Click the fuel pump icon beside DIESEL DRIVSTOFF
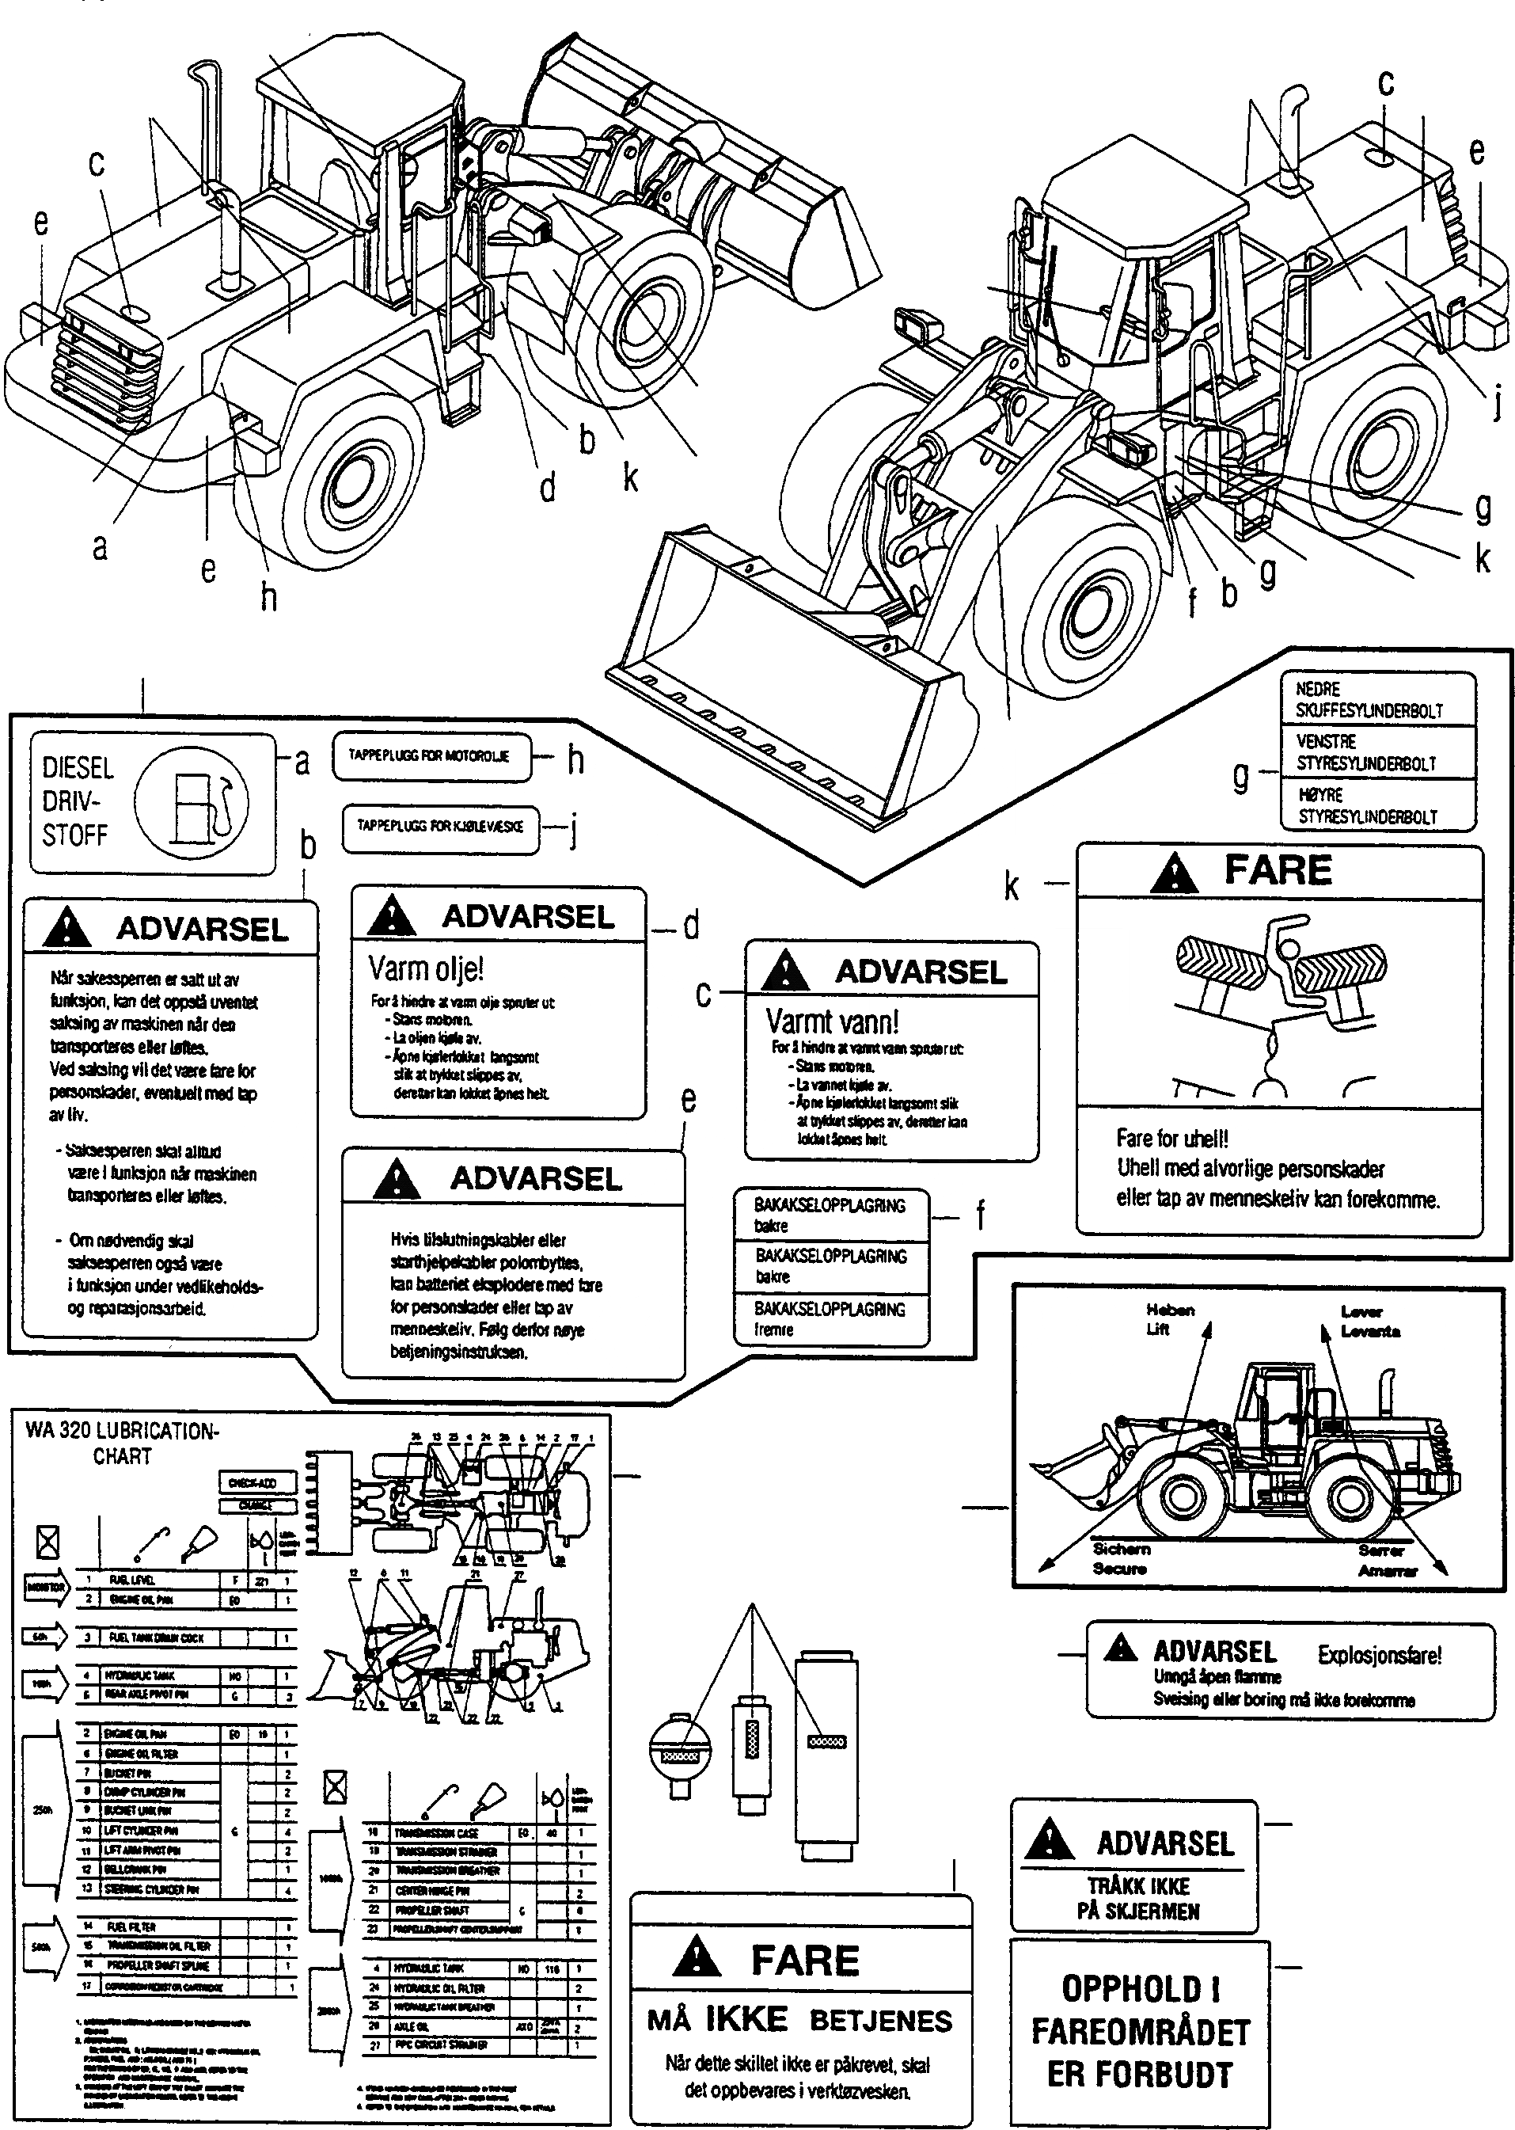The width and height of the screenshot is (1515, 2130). (x=192, y=802)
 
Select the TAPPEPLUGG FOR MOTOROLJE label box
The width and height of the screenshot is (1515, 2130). (x=430, y=757)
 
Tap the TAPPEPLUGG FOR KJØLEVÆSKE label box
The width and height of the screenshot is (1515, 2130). (x=440, y=827)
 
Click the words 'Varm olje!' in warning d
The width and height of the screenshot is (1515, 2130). (x=427, y=969)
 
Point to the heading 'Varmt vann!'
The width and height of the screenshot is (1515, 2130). (x=832, y=1021)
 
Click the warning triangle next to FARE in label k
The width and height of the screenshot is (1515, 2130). (x=1174, y=873)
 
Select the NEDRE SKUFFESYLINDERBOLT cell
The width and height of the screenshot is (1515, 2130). (x=1377, y=699)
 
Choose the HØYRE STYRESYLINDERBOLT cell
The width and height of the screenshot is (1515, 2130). (x=1377, y=805)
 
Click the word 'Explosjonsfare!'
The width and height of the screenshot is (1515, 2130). (x=1379, y=1655)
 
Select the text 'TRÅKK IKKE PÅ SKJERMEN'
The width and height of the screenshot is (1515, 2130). (x=1138, y=1898)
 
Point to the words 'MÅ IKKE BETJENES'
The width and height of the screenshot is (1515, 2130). (x=800, y=2021)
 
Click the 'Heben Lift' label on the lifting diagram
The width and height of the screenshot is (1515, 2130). (x=1169, y=1319)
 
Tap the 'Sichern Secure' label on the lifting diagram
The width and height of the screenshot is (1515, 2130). (x=1122, y=1558)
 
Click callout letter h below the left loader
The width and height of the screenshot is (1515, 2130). (x=268, y=597)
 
